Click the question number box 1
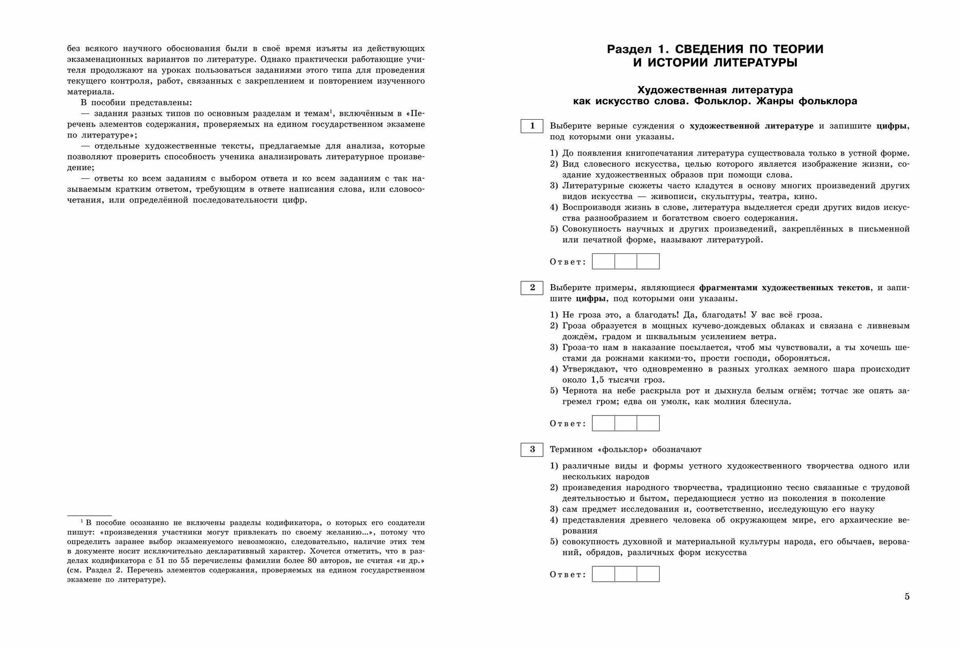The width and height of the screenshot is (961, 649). [532, 126]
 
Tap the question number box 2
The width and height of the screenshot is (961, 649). [532, 287]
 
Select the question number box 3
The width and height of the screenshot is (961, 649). [532, 449]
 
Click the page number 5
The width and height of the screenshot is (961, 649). [907, 597]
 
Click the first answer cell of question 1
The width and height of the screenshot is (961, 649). [604, 262]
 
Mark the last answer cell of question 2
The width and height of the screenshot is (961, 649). [648, 423]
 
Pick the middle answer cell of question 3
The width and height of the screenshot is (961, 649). [626, 574]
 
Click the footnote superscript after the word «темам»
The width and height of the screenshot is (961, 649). [332, 112]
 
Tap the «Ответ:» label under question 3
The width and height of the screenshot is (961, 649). [568, 574]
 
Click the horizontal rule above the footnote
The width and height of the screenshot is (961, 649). [89, 515]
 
